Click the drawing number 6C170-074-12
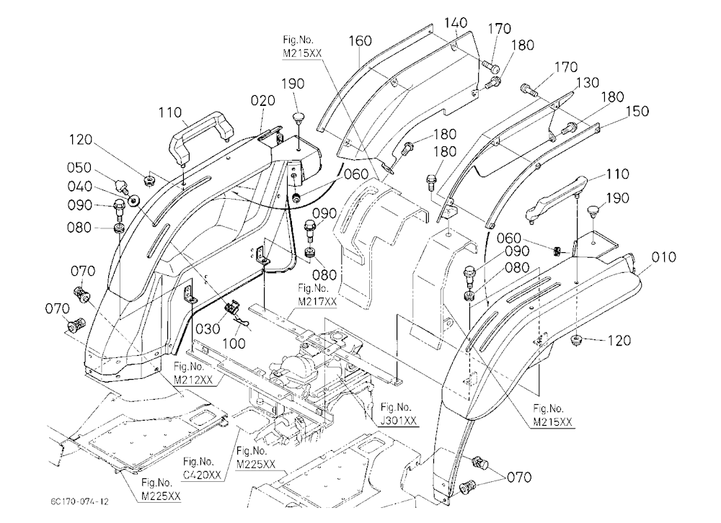point(80,501)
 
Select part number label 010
point(664,257)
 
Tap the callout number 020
point(263,101)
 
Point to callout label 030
point(208,328)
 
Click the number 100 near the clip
point(234,344)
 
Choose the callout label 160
point(360,41)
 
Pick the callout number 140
point(456,22)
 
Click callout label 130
point(587,82)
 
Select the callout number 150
point(637,111)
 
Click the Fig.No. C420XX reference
point(202,468)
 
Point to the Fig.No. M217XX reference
point(317,295)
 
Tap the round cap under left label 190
point(299,117)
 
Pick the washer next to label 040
point(135,200)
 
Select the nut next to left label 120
point(149,181)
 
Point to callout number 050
point(79,167)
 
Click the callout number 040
point(79,186)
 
